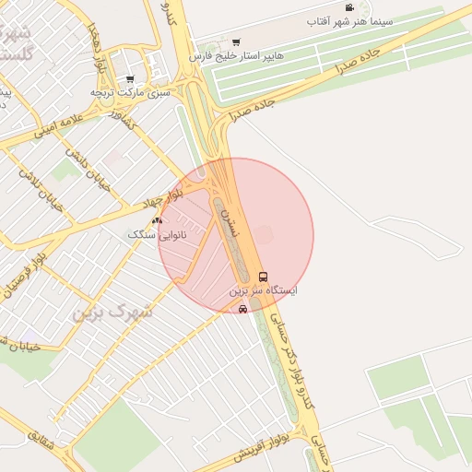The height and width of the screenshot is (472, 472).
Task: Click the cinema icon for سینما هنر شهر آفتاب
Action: pyautogui.click(x=349, y=8)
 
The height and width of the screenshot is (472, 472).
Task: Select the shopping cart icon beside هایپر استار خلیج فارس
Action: pyautogui.click(x=237, y=41)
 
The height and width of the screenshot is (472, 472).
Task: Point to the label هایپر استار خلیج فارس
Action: pyautogui.click(x=234, y=56)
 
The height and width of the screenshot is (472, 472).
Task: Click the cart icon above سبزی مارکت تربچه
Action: pyautogui.click(x=130, y=79)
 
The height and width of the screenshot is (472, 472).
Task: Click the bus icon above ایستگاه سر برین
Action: pyautogui.click(x=263, y=277)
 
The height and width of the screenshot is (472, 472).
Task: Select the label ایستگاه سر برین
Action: pyautogui.click(x=265, y=291)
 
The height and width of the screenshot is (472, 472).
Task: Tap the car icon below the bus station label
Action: pyautogui.click(x=242, y=310)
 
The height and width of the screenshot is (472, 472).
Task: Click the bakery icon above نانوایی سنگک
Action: pyautogui.click(x=157, y=220)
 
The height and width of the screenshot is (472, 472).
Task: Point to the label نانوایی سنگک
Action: pyautogui.click(x=157, y=235)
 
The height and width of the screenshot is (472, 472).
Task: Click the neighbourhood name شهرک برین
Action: pyautogui.click(x=114, y=313)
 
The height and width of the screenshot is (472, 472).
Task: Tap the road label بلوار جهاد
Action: pyautogui.click(x=163, y=197)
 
